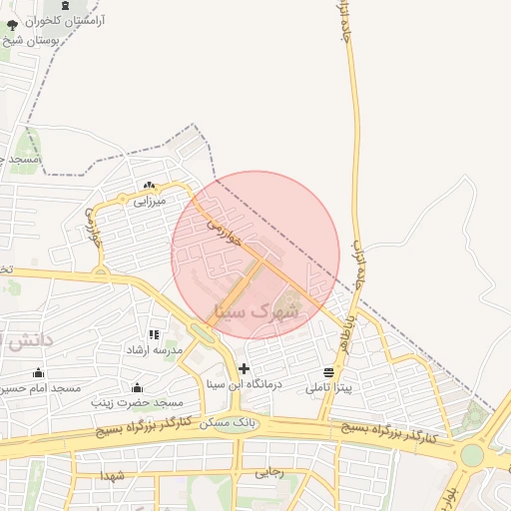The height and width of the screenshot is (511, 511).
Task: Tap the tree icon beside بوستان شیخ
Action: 12,24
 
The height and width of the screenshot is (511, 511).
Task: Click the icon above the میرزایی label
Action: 149,185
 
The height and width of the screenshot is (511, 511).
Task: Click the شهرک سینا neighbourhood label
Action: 255,310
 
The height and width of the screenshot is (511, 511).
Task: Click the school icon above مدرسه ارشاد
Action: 154,335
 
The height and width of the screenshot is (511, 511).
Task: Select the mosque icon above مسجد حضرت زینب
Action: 137,387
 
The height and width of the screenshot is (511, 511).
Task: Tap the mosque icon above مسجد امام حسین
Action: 38,371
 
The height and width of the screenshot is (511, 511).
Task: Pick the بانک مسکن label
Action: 227,423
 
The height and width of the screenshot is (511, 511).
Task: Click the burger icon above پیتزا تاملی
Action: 329,371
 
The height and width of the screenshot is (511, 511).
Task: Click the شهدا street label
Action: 112,476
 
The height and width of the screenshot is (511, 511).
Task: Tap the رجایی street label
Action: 268,472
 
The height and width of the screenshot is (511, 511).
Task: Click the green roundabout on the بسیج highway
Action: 471,456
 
